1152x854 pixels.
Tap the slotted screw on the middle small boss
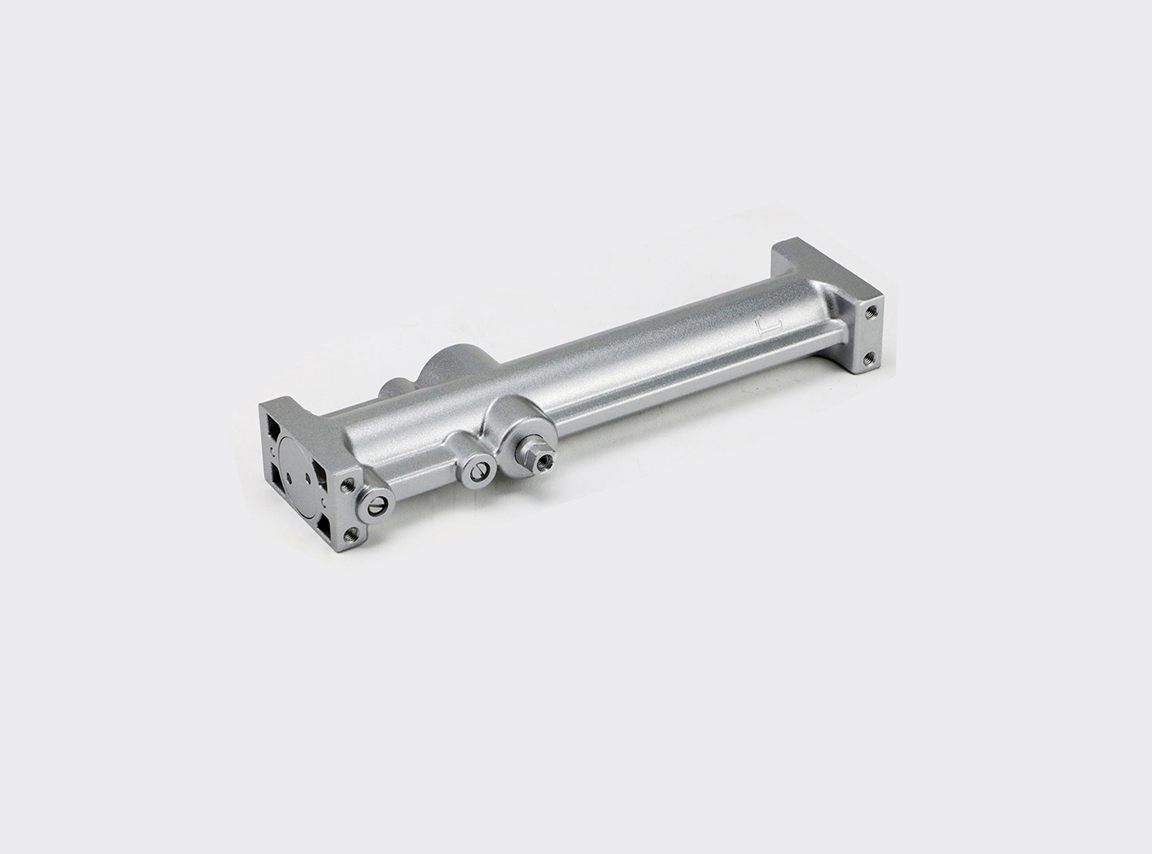(479, 469)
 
